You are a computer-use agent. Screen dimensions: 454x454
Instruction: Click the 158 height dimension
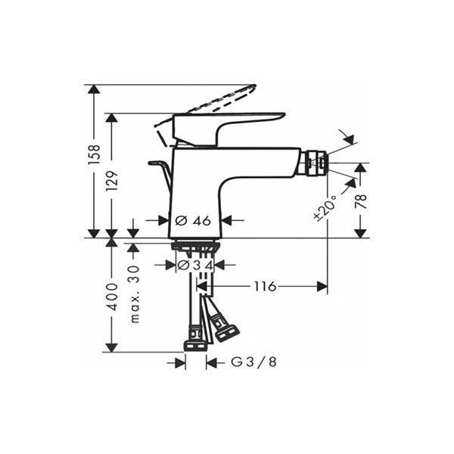[94, 155]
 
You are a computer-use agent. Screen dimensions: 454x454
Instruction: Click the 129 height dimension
[112, 181]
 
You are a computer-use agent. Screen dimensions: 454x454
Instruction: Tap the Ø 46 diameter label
[193, 221]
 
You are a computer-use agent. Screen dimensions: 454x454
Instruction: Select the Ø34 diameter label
[195, 265]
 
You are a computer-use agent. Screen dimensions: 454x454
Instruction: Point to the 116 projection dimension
[266, 286]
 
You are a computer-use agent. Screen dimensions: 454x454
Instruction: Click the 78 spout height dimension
[361, 201]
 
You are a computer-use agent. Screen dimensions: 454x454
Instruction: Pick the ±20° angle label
[325, 208]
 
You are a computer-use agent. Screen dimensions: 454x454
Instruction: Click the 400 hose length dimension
[112, 297]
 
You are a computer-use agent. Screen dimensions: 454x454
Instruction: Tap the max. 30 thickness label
[135, 294]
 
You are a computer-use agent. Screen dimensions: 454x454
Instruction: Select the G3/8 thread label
[253, 362]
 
